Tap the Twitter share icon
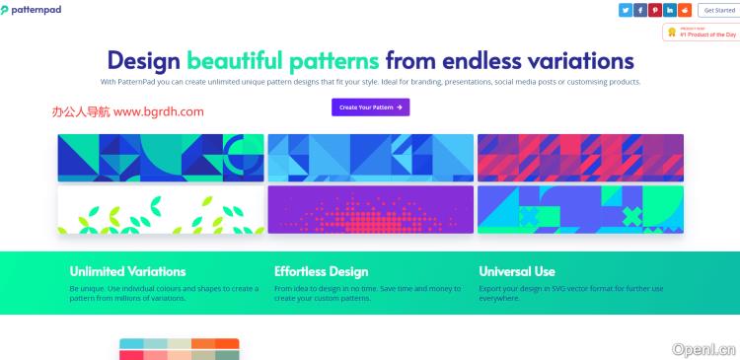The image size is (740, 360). [625, 10]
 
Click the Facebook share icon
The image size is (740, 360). [639, 10]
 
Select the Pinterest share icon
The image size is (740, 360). [655, 10]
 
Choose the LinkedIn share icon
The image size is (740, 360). [670, 10]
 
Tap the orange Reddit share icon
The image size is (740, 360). [685, 10]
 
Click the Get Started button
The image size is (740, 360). [717, 10]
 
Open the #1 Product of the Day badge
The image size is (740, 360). [702, 33]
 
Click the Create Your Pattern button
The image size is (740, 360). [370, 107]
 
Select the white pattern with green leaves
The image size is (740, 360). [160, 210]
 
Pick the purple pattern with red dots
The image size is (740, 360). [370, 210]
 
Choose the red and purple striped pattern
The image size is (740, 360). [580, 158]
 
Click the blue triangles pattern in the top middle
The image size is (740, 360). [370, 158]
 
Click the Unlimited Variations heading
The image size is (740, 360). [127, 271]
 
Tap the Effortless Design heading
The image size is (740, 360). [321, 271]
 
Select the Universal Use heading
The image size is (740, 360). [517, 271]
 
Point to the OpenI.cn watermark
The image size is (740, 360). [703, 348]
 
